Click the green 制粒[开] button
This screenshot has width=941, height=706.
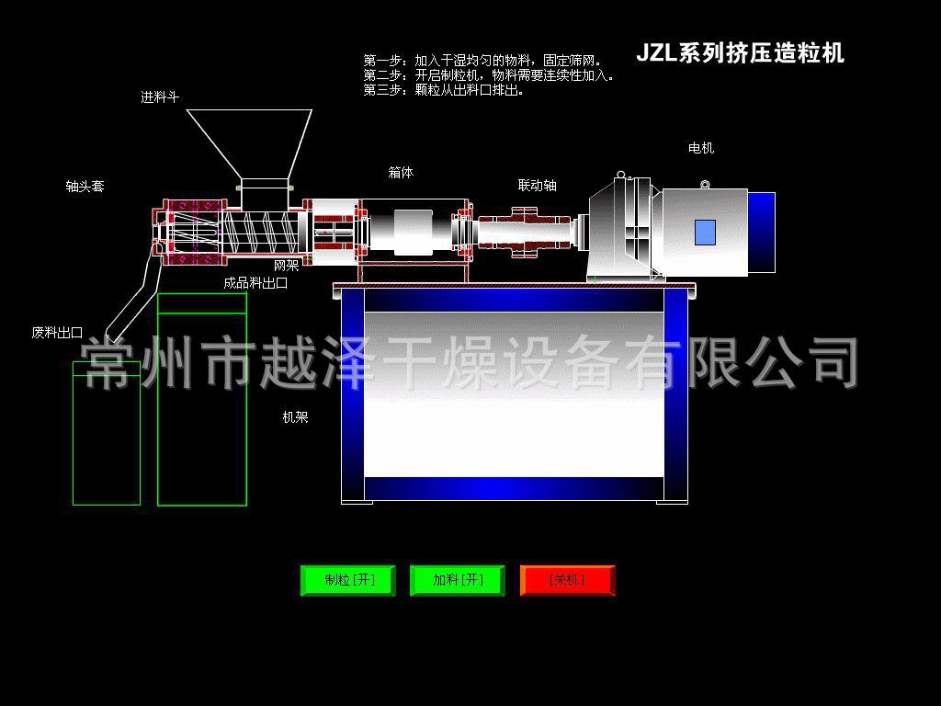[x=348, y=580]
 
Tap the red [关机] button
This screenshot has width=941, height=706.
[x=567, y=580]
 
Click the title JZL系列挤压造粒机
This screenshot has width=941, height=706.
[x=740, y=53]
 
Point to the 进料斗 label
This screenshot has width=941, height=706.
[x=160, y=97]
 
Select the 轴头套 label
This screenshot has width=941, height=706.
[x=85, y=186]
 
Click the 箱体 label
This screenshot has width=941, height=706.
[x=401, y=172]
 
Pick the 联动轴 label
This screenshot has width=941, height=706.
[x=537, y=185]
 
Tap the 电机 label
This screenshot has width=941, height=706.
[x=701, y=147]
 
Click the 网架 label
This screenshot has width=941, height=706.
[x=286, y=266]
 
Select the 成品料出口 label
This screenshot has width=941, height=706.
[x=255, y=283]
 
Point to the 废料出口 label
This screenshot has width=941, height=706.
[x=57, y=333]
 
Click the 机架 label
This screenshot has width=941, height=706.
[x=295, y=417]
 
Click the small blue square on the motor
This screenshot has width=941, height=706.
[x=705, y=233]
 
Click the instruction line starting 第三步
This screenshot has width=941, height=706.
[x=444, y=90]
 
